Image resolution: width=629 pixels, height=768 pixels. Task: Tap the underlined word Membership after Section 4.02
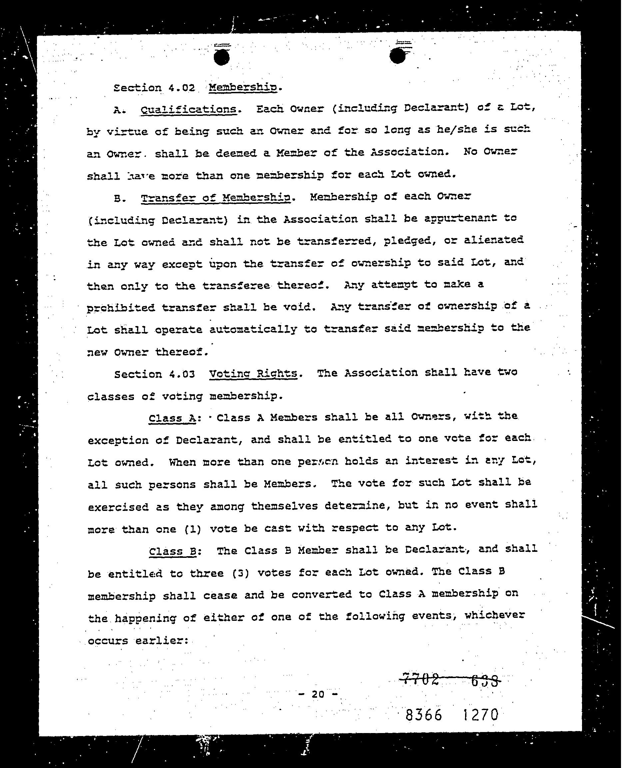tap(244, 87)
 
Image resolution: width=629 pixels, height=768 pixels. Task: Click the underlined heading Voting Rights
tap(253, 373)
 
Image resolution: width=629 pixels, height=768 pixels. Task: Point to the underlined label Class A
tap(172, 418)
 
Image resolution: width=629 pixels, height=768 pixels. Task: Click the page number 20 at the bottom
tap(317, 694)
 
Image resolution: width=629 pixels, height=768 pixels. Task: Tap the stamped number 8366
tap(423, 715)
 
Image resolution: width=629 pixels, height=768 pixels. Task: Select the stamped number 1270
tap(480, 715)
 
